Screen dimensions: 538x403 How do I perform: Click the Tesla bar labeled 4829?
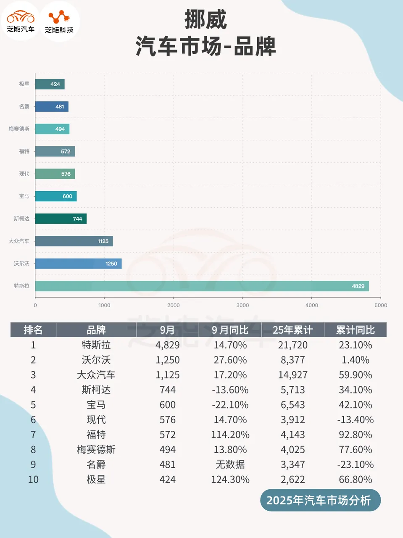tap(202, 286)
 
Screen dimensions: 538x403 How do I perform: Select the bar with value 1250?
tap(78, 264)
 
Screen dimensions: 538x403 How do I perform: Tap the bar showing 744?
tap(61, 219)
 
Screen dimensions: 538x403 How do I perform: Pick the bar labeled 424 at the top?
tap(50, 84)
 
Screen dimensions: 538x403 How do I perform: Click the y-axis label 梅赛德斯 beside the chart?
tap(19, 129)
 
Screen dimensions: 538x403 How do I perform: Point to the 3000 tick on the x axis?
tap(242, 306)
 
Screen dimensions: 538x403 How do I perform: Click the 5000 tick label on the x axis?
tap(380, 306)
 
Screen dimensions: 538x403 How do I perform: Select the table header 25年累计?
tap(292, 330)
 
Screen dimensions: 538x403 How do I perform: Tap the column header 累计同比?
tap(355, 330)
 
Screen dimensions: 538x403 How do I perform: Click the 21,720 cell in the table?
tap(292, 345)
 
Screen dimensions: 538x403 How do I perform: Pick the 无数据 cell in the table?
tap(230, 464)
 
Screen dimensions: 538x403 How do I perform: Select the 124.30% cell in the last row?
tap(230, 480)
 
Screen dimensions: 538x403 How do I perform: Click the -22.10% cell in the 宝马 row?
tap(230, 405)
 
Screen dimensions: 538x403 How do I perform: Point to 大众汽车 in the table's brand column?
tap(96, 375)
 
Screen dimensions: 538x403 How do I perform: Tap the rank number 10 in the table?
tap(33, 480)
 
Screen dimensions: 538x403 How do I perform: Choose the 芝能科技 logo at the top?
tap(59, 21)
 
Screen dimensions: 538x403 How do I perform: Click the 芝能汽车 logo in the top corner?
tap(21, 21)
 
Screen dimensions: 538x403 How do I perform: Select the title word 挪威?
tap(205, 20)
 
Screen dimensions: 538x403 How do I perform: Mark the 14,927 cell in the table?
tap(292, 375)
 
